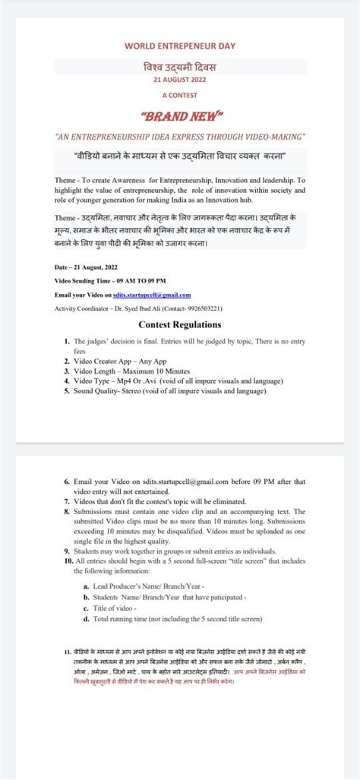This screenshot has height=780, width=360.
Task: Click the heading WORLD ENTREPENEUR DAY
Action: pos(180,46)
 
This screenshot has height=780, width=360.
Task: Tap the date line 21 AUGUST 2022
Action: pos(180,78)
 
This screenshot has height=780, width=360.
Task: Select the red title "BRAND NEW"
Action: pos(180,116)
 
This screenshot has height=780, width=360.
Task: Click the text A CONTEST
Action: pos(180,95)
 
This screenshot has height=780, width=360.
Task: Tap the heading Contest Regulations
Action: pos(180,324)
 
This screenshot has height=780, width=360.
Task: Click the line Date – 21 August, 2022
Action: pos(86,267)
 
